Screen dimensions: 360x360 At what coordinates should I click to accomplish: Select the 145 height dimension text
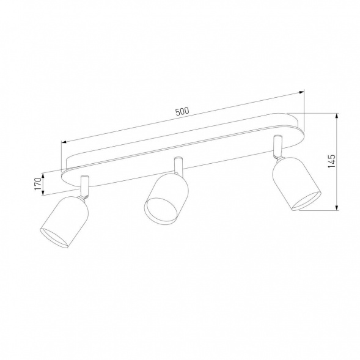332,162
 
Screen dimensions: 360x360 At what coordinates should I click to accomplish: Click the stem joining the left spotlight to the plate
85,186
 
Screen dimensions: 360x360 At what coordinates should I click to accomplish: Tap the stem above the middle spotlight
178,166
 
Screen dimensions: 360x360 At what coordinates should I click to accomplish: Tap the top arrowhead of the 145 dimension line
337,115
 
